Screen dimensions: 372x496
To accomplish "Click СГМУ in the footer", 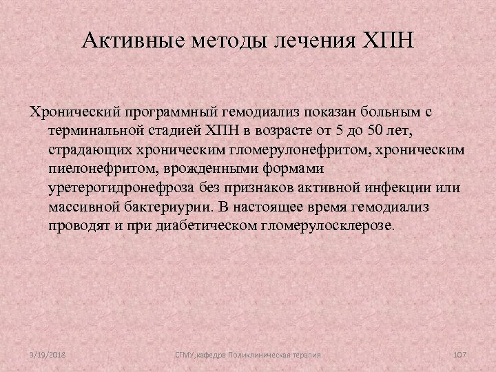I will (185, 353).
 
